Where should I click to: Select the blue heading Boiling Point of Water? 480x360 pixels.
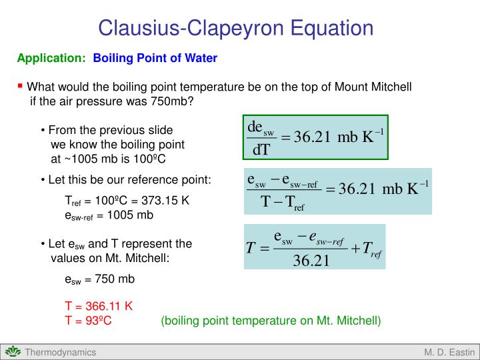point(155,59)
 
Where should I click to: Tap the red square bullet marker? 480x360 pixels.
point(20,85)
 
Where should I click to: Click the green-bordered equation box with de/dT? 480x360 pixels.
point(315,137)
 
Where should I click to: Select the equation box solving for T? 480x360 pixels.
point(315,247)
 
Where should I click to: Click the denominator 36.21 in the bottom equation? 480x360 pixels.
point(312,259)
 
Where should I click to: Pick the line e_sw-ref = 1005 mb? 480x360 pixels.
point(109,215)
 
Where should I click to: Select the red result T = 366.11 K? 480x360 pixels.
point(99,307)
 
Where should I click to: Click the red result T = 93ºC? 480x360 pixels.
point(88,321)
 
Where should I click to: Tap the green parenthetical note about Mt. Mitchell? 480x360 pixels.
point(271,321)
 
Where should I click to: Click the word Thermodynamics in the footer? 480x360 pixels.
point(61,352)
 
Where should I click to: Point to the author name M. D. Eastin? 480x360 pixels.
point(449,352)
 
